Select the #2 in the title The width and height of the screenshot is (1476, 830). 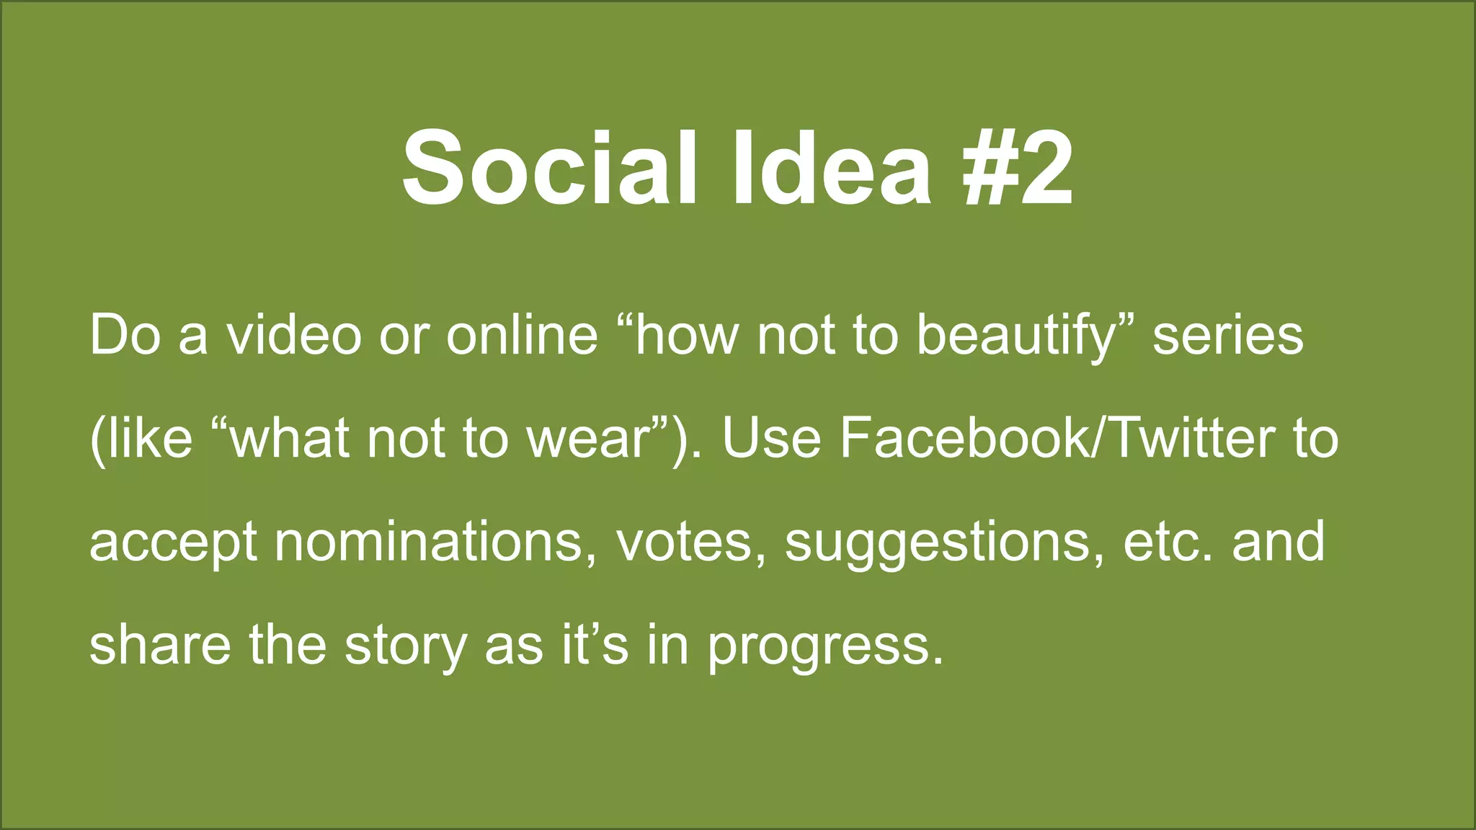click(1016, 169)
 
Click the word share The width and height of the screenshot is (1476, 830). click(160, 644)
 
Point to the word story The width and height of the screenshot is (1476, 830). click(405, 646)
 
